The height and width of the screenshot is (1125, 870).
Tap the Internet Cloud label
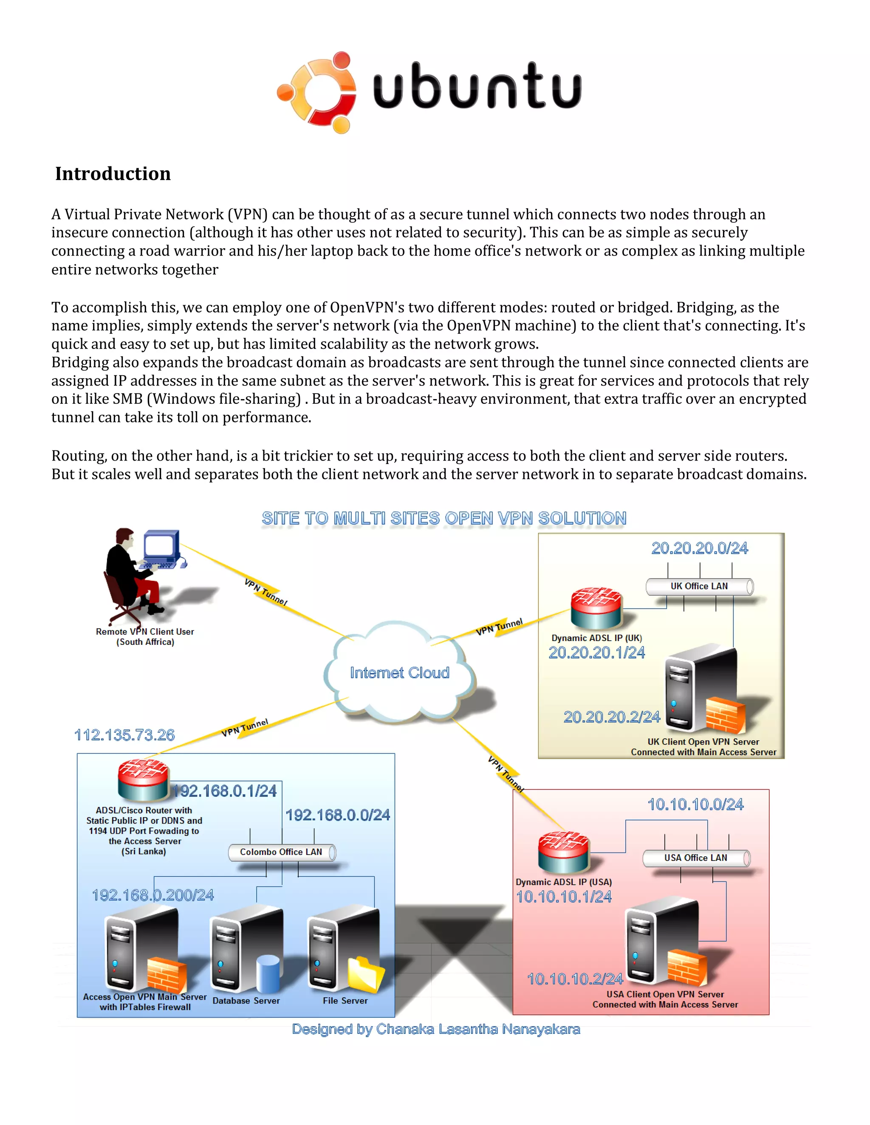click(399, 673)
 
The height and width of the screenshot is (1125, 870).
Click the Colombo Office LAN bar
click(281, 852)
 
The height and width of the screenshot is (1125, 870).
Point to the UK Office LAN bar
click(699, 586)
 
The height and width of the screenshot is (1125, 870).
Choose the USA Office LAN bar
click(696, 858)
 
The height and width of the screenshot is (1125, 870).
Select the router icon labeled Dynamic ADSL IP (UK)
click(596, 608)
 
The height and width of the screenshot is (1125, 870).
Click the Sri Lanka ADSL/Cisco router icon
click(143, 780)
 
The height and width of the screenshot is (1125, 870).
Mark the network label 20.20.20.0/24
click(699, 548)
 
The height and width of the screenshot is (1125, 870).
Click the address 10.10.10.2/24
click(575, 979)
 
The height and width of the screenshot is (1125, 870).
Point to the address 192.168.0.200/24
click(153, 895)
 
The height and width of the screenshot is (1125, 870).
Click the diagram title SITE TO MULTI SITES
click(444, 518)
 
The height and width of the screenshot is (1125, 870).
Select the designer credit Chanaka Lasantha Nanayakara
click(436, 1029)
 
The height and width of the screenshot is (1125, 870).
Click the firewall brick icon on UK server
click(725, 715)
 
